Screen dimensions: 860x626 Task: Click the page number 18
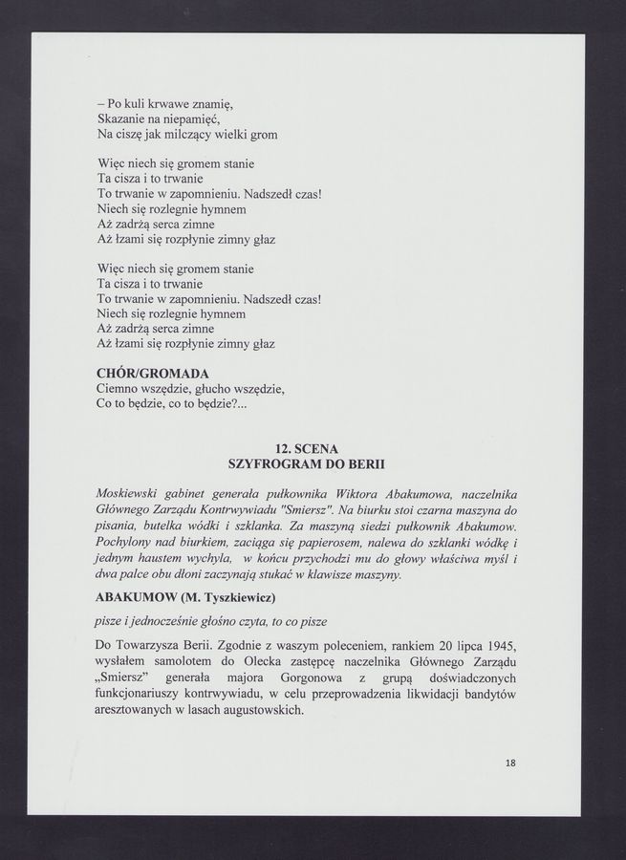pos(510,763)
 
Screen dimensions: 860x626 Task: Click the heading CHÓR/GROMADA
pos(153,373)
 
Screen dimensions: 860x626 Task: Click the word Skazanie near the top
pos(125,118)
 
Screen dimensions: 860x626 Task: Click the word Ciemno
pos(120,390)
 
